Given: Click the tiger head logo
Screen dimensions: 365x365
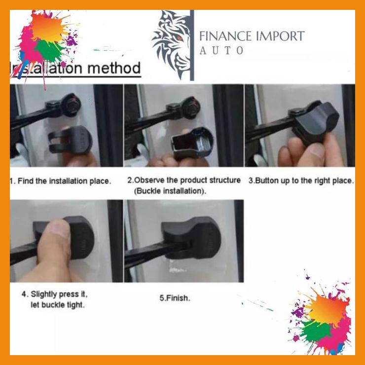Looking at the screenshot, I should click(171, 44).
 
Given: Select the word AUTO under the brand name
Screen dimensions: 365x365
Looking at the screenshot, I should click(221, 50).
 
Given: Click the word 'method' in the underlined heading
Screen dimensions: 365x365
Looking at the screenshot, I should click(114, 68).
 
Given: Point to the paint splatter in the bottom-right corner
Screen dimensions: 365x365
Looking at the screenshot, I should click(323, 316).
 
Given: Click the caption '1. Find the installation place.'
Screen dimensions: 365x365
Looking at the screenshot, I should click(61, 181).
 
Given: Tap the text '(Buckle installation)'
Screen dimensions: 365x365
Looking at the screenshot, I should click(170, 190).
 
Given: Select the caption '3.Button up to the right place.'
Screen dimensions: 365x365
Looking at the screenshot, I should click(301, 181).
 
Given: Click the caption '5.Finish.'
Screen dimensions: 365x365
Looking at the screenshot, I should click(174, 298).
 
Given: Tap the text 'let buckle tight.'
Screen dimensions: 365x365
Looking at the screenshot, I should click(57, 304).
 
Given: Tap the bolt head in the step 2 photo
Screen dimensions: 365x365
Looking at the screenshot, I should click(189, 106).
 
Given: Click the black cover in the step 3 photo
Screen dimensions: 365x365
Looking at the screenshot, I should click(316, 121).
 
